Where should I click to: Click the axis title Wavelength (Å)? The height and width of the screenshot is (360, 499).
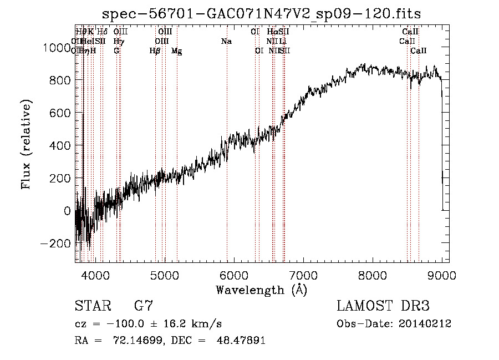coord(261,290)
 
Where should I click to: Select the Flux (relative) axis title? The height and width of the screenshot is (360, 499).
coord(26,144)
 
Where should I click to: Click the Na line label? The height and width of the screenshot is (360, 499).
coord(226,41)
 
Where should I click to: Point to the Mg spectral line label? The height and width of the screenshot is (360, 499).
coord(176,51)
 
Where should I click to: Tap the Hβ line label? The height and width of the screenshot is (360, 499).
coord(155,51)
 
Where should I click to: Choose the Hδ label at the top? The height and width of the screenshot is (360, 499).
coord(102,32)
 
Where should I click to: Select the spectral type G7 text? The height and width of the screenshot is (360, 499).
coord(144,306)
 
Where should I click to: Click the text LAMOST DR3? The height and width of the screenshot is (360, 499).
coord(383,306)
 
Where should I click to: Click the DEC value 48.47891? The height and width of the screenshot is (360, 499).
coord(240,341)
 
